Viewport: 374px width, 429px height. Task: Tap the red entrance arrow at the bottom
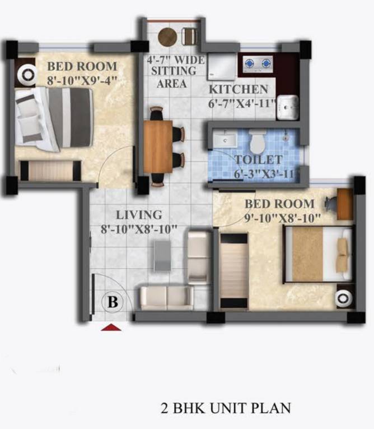(111, 327)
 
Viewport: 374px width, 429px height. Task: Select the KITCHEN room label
(239, 89)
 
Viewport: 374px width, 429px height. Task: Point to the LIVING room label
(139, 214)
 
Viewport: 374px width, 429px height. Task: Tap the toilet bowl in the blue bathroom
(258, 142)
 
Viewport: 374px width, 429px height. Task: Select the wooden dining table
(158, 147)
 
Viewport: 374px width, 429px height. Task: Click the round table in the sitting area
(167, 37)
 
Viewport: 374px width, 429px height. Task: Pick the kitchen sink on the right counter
(288, 107)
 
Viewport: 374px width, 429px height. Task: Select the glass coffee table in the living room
(162, 256)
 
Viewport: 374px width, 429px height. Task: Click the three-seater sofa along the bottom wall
(166, 297)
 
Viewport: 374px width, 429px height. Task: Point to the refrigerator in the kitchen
(221, 68)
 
